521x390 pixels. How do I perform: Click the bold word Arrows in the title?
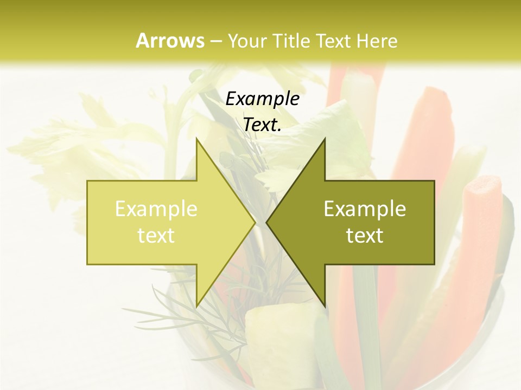(x=170, y=41)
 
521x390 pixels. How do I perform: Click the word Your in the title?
(x=246, y=41)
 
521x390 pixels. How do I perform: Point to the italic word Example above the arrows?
(x=262, y=99)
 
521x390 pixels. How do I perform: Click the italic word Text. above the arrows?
(x=262, y=125)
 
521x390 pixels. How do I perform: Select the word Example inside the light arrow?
(x=156, y=209)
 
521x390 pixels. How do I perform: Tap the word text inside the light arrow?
(x=156, y=236)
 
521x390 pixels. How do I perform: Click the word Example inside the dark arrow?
(x=365, y=209)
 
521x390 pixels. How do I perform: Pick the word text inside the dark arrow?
(x=365, y=236)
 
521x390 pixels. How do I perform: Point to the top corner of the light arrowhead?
(x=196, y=139)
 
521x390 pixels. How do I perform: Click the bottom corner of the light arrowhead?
(x=196, y=305)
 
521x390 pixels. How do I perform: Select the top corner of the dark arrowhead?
(x=325, y=139)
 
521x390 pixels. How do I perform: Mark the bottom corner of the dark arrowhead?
(x=325, y=305)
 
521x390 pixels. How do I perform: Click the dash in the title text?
(x=215, y=41)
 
